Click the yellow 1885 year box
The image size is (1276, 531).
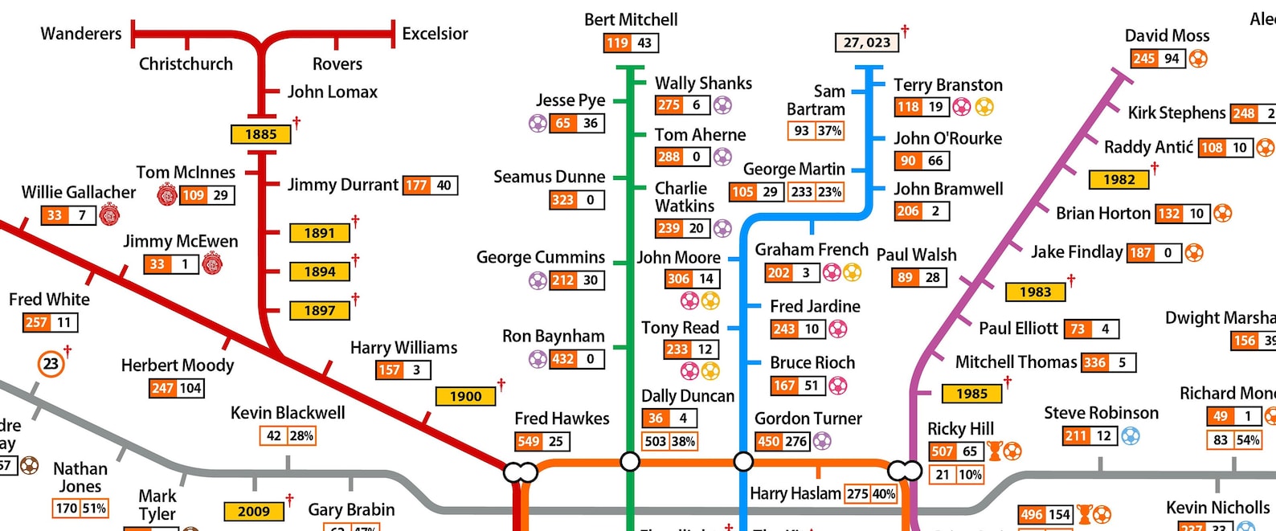tap(260, 134)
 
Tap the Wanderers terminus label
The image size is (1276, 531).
tap(81, 34)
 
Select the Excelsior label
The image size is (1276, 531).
tap(435, 34)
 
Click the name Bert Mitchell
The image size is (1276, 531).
tap(631, 19)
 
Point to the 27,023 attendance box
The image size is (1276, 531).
tap(867, 43)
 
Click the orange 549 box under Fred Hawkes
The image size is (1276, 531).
tap(529, 441)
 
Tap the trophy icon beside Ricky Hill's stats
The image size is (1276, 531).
tap(995, 451)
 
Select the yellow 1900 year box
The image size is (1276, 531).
tap(465, 396)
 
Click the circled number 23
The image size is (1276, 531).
tap(51, 364)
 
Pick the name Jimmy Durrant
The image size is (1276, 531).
tap(343, 185)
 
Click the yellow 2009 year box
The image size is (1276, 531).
tap(254, 512)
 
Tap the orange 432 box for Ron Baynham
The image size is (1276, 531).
tap(563, 359)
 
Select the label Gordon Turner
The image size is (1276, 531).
tap(808, 419)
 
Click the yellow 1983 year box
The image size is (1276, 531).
tap(1035, 292)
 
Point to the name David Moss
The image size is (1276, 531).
tap(1167, 35)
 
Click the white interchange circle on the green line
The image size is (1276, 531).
tap(631, 461)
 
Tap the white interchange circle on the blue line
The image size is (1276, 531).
tap(744, 461)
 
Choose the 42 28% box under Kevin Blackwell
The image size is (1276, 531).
tap(288, 435)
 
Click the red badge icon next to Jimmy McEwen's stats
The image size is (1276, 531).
tap(213, 263)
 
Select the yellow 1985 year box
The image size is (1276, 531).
tap(971, 394)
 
